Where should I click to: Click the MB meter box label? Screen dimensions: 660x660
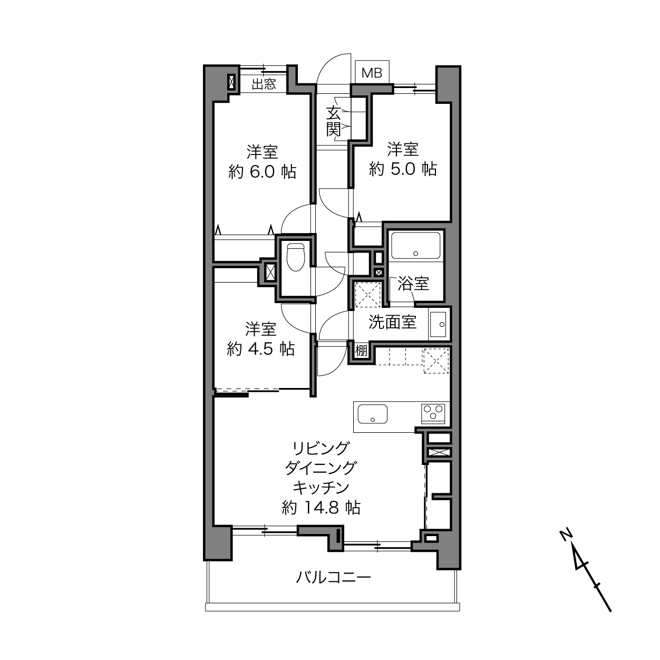(372, 73)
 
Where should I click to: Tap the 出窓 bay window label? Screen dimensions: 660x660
(264, 84)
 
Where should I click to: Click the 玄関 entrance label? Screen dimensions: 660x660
(333, 121)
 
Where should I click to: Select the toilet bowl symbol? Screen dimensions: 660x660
(296, 257)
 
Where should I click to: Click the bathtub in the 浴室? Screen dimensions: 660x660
(415, 246)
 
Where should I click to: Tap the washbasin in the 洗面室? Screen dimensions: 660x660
(438, 324)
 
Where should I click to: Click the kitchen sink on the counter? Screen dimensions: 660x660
(372, 414)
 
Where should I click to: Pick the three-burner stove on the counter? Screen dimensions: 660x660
(433, 414)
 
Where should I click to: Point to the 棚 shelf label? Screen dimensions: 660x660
(361, 351)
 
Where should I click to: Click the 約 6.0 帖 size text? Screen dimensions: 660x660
(263, 172)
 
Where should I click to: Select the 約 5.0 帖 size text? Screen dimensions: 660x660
(403, 169)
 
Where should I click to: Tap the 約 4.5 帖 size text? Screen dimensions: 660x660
(260, 349)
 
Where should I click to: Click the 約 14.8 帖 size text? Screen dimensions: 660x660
(321, 508)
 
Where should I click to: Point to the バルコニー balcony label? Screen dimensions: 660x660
(333, 578)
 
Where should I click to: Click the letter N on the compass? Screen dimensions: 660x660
(566, 535)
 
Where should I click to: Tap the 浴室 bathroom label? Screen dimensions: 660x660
(413, 284)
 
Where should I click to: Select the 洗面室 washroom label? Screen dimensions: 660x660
(393, 322)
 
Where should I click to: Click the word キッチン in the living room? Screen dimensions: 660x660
(321, 488)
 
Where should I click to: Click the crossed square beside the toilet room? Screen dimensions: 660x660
(270, 273)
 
